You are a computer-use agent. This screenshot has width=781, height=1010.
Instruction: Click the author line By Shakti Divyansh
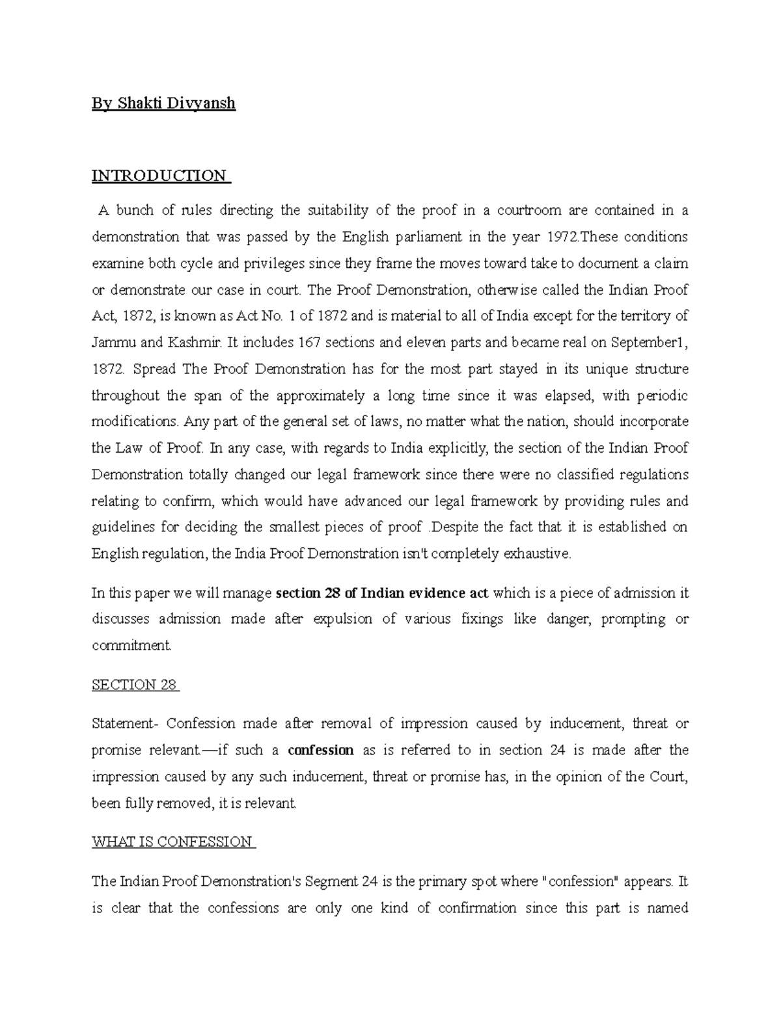163,103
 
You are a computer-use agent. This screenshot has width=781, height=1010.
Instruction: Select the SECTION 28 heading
134,685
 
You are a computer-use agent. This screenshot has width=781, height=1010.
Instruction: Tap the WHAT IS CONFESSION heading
172,842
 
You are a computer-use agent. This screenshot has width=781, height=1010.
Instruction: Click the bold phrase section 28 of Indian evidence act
383,593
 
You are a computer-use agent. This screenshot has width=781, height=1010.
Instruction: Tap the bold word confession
321,750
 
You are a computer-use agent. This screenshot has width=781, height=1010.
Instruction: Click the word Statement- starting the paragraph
125,723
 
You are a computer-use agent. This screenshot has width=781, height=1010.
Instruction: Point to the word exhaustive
537,554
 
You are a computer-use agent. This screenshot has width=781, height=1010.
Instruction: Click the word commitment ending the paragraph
131,646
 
